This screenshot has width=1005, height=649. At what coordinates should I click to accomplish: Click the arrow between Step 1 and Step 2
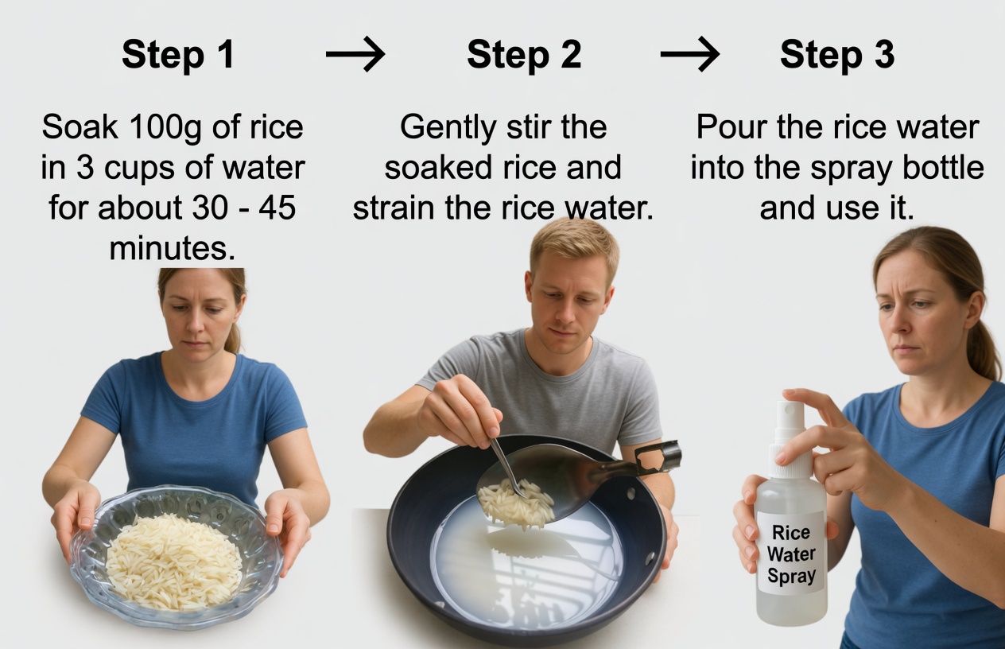tap(355, 55)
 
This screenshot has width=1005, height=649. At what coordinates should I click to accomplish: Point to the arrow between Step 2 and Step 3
tap(689, 55)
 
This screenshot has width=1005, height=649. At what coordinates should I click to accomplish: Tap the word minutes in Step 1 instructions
tap(173, 248)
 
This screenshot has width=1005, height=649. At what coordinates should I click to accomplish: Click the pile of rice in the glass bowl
tap(174, 561)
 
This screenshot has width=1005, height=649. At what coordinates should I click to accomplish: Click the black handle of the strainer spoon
tap(658, 459)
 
